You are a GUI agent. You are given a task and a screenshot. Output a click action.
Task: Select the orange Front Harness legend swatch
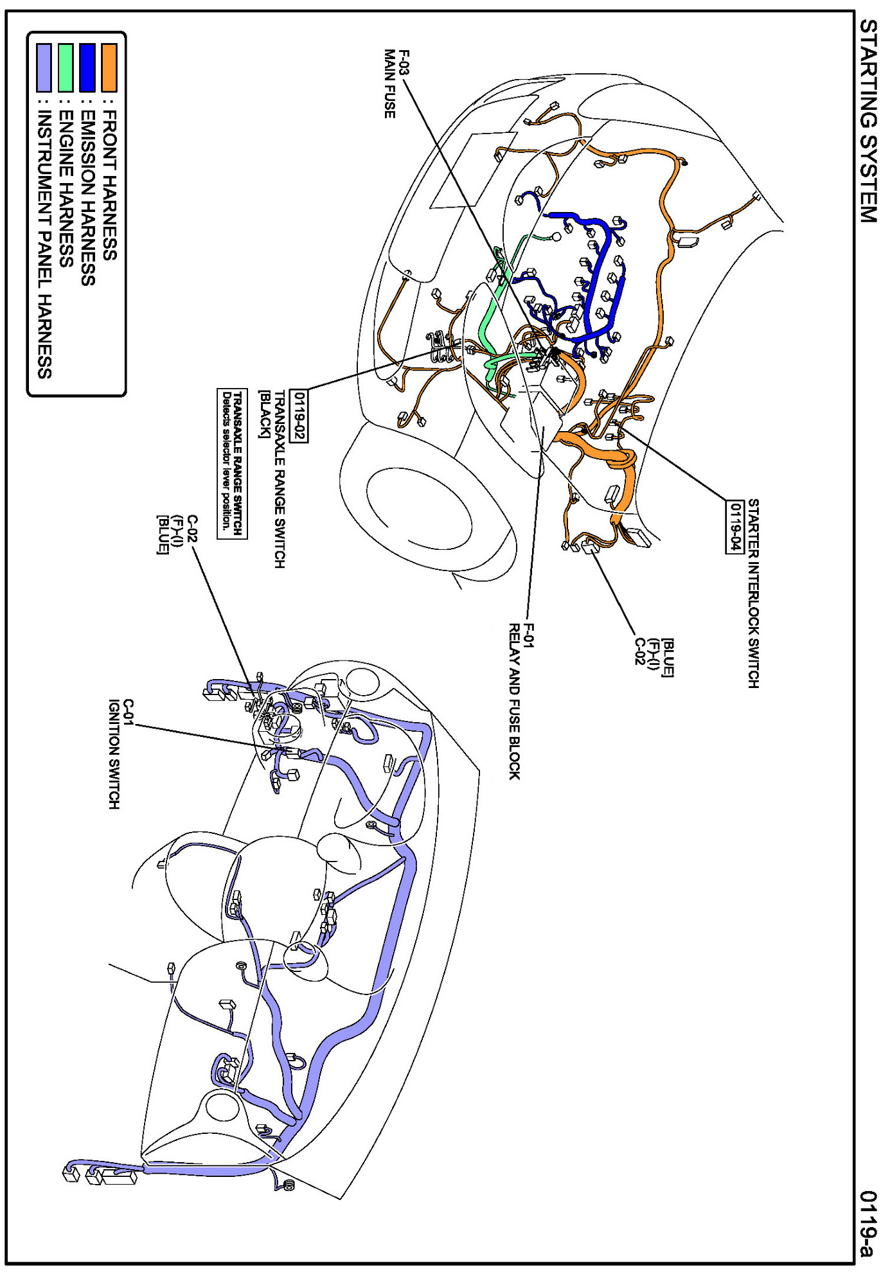click(109, 67)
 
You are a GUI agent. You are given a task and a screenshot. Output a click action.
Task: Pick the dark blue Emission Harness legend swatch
click(87, 67)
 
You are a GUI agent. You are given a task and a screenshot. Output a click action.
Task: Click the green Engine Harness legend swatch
click(66, 67)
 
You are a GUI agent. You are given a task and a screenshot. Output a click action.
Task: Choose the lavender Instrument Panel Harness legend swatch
click(44, 67)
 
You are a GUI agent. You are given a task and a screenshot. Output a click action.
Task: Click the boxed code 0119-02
click(299, 416)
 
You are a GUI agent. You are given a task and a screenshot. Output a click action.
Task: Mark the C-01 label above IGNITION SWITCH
click(128, 712)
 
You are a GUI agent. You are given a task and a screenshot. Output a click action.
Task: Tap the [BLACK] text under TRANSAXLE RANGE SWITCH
click(263, 414)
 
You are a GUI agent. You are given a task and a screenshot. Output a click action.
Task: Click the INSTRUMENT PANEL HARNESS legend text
click(44, 244)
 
